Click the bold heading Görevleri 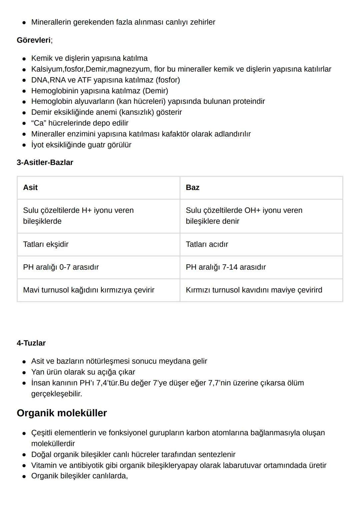(x=34, y=40)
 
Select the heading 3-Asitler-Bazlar (x=45, y=162)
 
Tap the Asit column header (x=30, y=187)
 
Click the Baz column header (x=192, y=187)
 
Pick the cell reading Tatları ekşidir (x=46, y=244)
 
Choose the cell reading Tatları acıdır (x=207, y=244)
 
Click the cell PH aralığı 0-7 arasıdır (x=61, y=267)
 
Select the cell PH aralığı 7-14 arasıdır (x=226, y=267)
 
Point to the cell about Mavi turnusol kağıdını (x=89, y=290)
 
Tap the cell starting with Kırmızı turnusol (x=254, y=290)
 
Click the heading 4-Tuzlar (x=31, y=343)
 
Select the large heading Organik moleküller (x=62, y=413)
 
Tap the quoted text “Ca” (x=38, y=123)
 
